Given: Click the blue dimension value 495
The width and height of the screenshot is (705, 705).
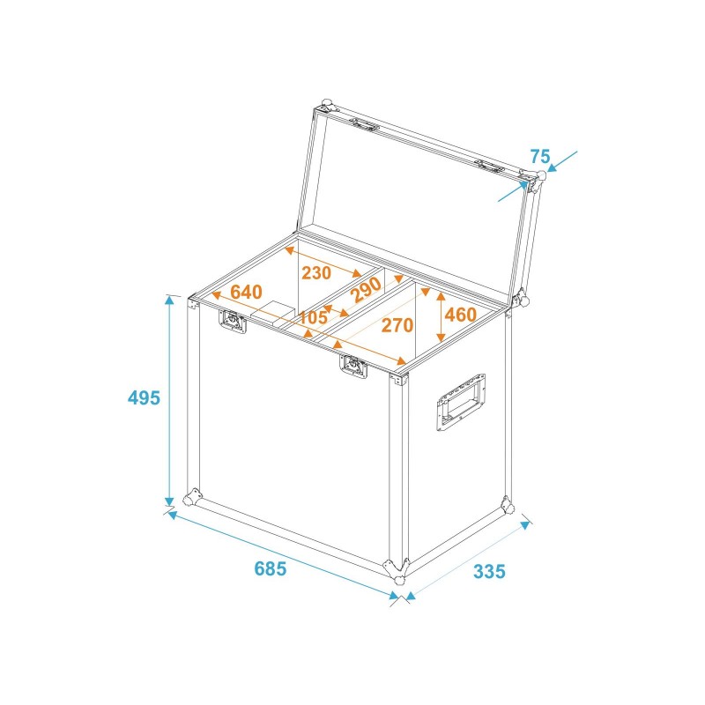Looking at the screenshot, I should click(x=144, y=397).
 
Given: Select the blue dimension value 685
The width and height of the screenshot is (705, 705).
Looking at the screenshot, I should click(x=271, y=568).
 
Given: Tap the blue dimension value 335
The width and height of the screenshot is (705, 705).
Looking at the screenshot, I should click(x=489, y=571).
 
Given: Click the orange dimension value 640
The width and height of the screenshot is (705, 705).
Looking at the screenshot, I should click(x=247, y=292).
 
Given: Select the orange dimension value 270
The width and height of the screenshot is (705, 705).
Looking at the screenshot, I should click(x=397, y=325).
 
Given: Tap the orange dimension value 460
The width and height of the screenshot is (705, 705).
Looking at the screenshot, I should click(x=460, y=315).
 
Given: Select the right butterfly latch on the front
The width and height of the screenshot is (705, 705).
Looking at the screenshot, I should click(x=353, y=367).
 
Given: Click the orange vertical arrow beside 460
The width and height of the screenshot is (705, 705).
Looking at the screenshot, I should click(x=441, y=315).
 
